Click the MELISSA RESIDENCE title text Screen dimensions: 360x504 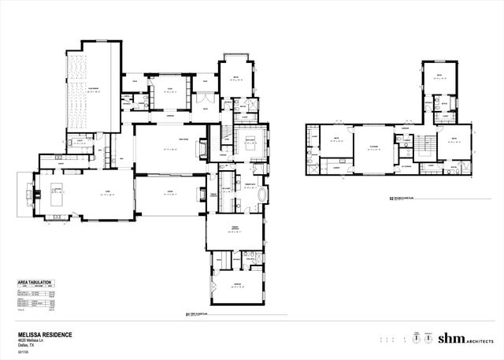tap(45, 334)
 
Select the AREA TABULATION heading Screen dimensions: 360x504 tap(36, 281)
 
